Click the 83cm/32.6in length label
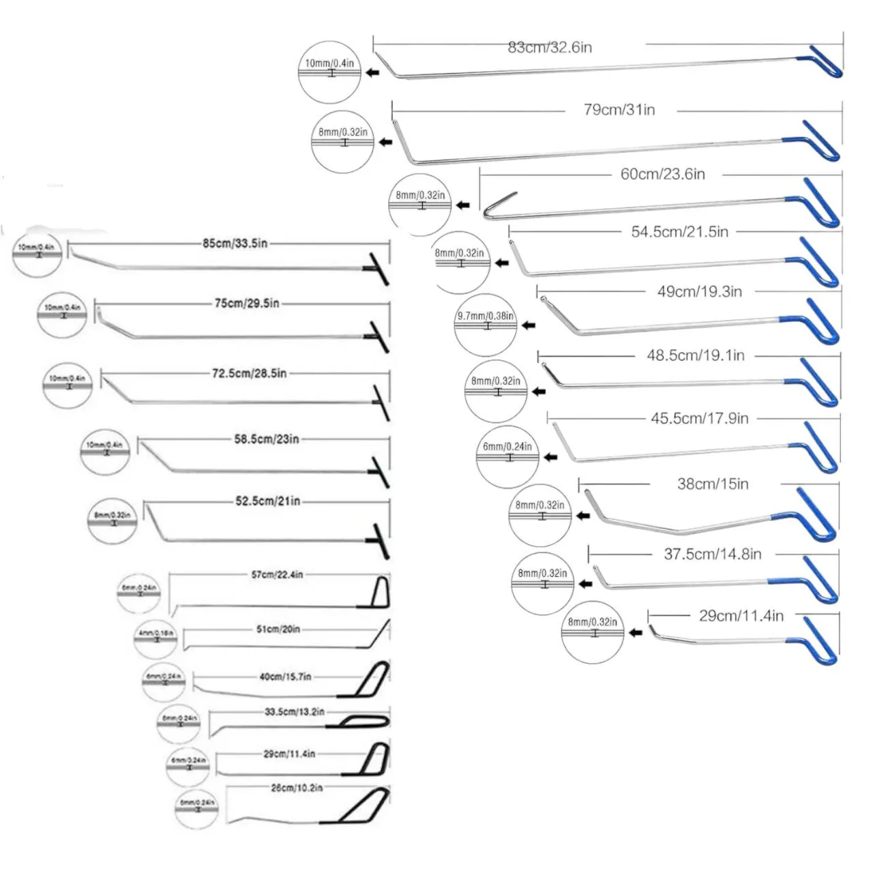pos(550,47)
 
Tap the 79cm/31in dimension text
pos(619,110)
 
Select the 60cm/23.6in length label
pos(662,174)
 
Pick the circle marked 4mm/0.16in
pos(156,639)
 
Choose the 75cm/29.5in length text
pos(247,304)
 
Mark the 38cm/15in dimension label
pos(713,484)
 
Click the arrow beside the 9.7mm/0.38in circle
pos(528,326)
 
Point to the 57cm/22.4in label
pos(277,575)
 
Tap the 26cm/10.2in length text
pos(297,788)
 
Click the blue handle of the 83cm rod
pos(827,61)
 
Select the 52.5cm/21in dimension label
pos(268,501)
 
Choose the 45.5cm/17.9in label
pos(699,418)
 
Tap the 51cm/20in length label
pos(278,629)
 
